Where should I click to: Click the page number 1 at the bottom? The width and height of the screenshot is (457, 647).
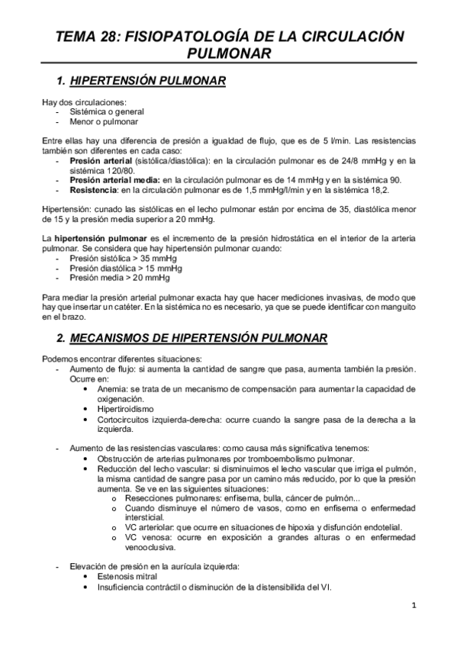[413, 607]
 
